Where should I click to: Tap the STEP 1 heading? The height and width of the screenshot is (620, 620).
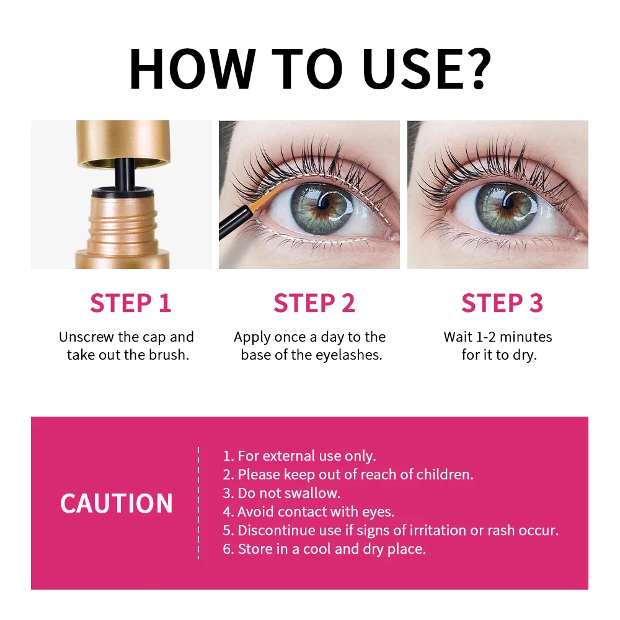tap(130, 303)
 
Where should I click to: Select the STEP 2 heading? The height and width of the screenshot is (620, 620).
tap(314, 303)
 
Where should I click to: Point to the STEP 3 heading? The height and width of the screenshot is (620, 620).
tap(502, 303)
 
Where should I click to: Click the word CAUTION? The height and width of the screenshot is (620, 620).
tap(117, 503)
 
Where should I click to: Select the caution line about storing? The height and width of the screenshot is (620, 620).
tap(324, 549)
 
